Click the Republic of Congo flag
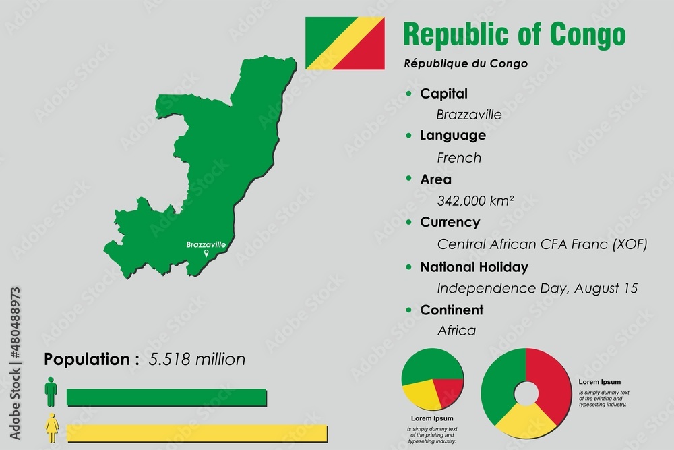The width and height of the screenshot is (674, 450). pos(344,43)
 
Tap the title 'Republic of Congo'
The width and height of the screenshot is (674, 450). pos(514,35)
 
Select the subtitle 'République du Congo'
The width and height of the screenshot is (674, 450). pos(465,63)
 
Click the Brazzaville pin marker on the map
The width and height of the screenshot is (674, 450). pos(206,254)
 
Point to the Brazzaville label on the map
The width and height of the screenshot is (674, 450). pos(206,244)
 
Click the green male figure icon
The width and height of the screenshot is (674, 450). pos(51,392)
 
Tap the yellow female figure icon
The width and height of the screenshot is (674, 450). pos(51,428)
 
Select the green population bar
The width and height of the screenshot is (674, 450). pos(167,397)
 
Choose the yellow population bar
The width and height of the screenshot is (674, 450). pos(197,433)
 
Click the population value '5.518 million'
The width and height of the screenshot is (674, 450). pos(197,360)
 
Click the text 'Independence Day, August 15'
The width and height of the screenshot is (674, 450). pos(537,288)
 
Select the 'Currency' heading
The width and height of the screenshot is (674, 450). pos(450,222)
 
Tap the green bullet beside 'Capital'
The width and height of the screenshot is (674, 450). pos(408,94)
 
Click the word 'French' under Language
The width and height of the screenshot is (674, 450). pos(459,158)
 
